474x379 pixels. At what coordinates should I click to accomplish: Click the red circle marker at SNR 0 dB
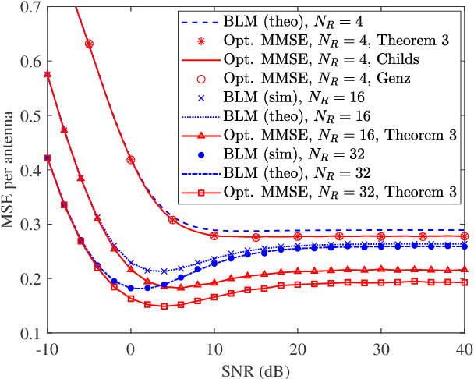click(131, 159)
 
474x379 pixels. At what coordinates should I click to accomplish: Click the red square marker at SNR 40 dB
click(464, 282)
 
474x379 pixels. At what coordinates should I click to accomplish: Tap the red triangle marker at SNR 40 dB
click(464, 270)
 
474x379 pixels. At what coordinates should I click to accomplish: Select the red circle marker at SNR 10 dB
click(214, 236)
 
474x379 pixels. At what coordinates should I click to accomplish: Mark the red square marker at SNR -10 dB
click(48, 158)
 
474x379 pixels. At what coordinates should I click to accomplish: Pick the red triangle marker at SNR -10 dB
click(48, 74)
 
